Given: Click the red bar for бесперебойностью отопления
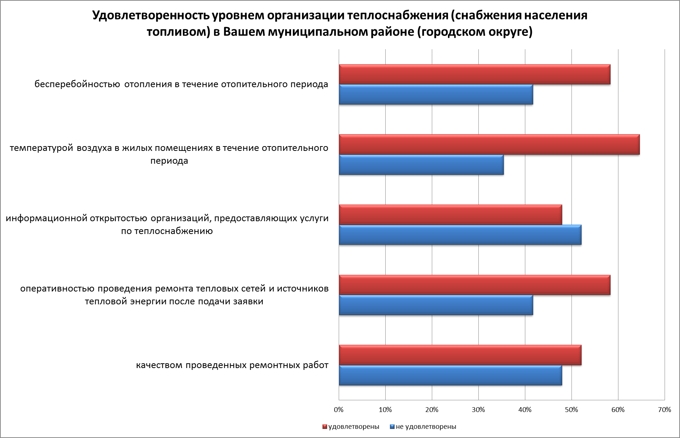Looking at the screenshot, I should (x=474, y=74).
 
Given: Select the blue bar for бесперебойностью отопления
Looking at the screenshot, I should (x=436, y=94).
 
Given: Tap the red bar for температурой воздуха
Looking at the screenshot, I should (x=489, y=145).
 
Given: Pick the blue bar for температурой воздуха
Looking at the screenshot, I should (x=421, y=165).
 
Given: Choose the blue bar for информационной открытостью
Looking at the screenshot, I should (x=460, y=235).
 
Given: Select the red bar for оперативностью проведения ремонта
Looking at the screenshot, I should (x=474, y=285).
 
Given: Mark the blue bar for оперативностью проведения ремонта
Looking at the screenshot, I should (x=436, y=305).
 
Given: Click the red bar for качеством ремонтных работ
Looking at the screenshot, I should (x=460, y=355).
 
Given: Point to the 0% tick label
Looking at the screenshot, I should (x=339, y=410).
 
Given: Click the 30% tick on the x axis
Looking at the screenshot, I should (x=478, y=410).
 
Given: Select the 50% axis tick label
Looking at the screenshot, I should (x=571, y=410).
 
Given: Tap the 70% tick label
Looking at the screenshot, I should (x=665, y=410).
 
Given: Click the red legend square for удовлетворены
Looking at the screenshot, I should (x=324, y=427).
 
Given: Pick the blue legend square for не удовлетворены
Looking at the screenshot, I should (x=392, y=427).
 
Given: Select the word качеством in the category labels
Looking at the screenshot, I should (x=159, y=365).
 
